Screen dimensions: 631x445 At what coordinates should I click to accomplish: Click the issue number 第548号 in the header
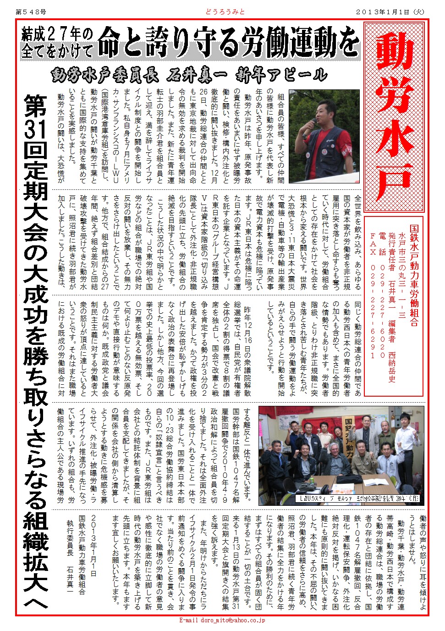(x=28, y=11)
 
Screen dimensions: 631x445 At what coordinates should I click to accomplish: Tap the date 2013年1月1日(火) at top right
(x=390, y=11)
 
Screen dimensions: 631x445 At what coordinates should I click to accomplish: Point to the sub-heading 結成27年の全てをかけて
(x=57, y=43)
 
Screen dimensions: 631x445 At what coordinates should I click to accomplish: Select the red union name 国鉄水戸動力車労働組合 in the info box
(x=414, y=275)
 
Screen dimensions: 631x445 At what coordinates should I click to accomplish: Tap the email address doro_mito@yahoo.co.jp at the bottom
(x=222, y=620)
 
